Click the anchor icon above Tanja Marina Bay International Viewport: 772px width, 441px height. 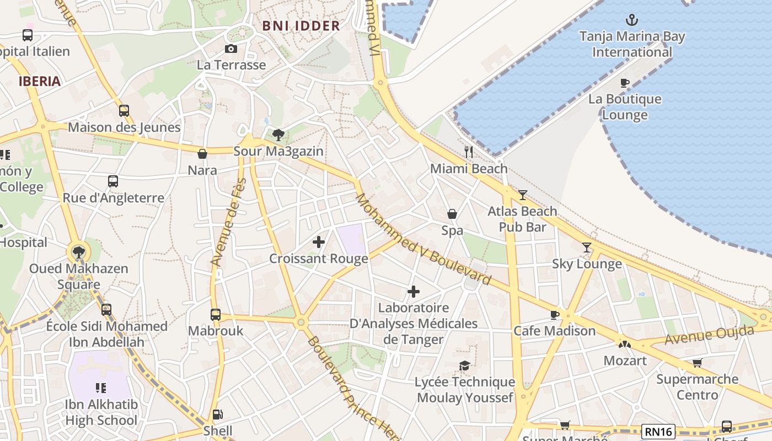pos(631,20)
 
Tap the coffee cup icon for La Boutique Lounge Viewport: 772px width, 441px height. pos(624,83)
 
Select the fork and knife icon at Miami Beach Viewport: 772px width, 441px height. pos(469,152)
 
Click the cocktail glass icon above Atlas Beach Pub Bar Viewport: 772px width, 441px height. pos(522,195)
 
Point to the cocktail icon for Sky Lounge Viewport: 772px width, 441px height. pos(587,248)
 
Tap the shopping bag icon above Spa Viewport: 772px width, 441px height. pos(452,214)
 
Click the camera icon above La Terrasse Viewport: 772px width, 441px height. pos(231,49)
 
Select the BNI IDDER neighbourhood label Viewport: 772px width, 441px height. pos(301,26)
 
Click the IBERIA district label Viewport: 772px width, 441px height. pos(39,82)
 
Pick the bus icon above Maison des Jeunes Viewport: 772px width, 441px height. pos(124,111)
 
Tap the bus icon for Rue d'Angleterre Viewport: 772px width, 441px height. pos(113,181)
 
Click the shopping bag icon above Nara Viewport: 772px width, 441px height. pos(202,154)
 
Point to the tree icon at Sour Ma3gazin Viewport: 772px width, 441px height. pos(278,135)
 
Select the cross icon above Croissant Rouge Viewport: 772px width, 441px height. pos(318,242)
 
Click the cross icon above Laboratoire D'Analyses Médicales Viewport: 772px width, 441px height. pos(414,292)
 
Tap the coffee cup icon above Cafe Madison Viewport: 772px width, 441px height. pos(555,315)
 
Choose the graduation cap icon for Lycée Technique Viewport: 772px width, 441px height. pos(465,366)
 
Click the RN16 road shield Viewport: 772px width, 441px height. pos(658,431)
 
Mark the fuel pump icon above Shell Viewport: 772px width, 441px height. pos(218,415)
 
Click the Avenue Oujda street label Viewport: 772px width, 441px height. pos(709,335)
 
